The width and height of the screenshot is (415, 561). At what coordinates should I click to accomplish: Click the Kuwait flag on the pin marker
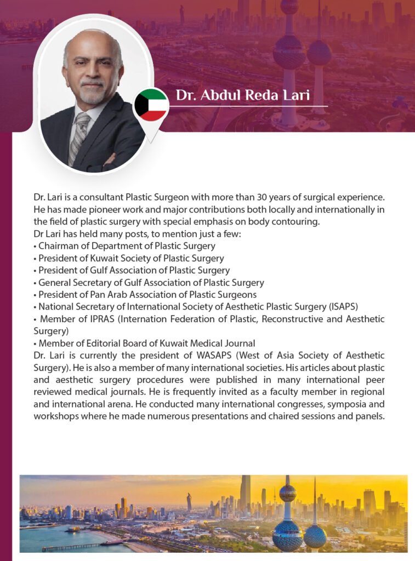pos(151,105)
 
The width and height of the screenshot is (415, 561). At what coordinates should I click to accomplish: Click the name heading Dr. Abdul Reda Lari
pos(242,95)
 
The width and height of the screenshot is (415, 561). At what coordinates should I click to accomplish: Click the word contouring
pos(298,221)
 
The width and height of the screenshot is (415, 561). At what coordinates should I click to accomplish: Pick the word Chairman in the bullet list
pos(58,246)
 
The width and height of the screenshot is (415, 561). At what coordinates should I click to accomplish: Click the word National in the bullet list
pos(56,306)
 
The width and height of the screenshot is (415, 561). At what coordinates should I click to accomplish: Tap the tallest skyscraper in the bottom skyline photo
pos(245,493)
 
